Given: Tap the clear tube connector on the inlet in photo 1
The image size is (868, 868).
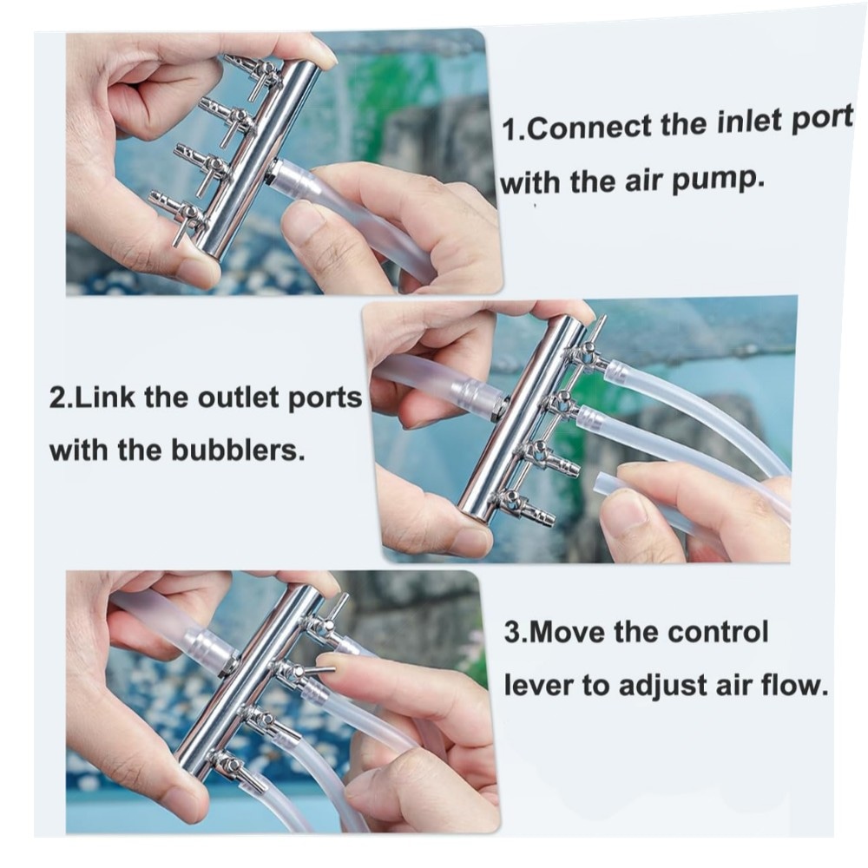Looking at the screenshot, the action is coord(291,176).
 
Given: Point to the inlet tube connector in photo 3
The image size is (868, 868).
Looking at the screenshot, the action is coord(210,648).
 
